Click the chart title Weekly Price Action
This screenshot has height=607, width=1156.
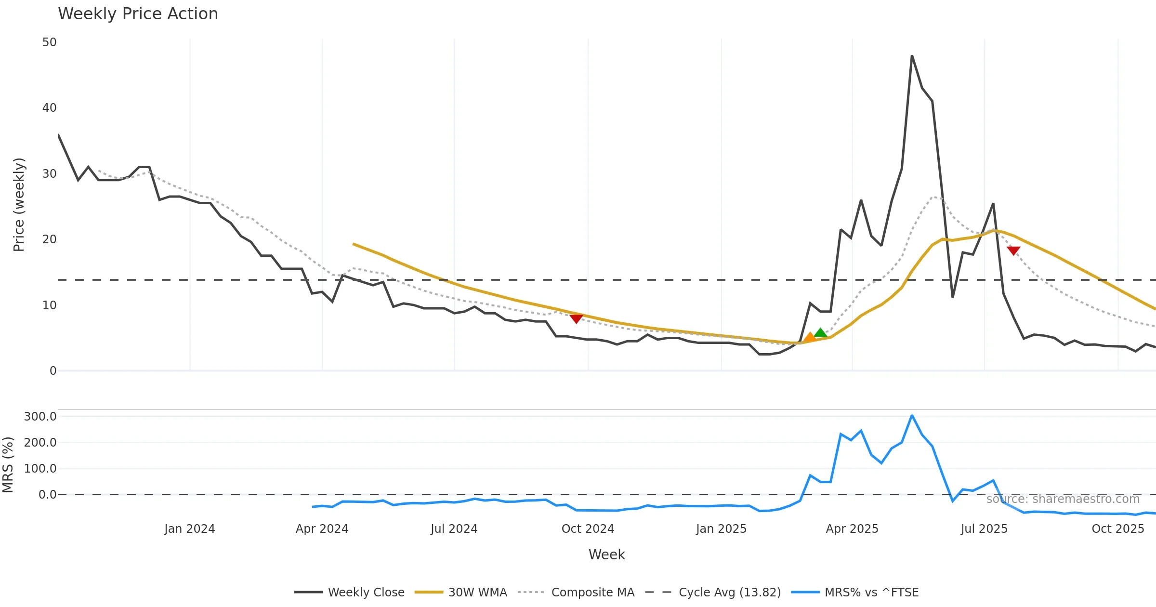138,14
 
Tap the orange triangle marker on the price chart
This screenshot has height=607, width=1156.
810,337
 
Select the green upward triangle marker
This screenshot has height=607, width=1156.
821,332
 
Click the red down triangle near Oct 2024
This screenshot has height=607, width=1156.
576,318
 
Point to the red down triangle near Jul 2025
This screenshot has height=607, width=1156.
1013,251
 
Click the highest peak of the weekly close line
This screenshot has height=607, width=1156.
912,56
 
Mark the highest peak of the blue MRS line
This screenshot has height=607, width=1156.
912,415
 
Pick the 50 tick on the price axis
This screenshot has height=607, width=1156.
49,42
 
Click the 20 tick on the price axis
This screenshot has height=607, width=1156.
49,239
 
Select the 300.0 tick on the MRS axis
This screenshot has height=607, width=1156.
40,417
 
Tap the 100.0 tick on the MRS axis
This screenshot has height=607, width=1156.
40,469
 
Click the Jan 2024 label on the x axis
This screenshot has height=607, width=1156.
189,529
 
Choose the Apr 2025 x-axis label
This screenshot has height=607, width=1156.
852,529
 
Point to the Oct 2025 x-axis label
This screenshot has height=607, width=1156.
1117,529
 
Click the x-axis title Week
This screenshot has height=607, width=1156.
606,555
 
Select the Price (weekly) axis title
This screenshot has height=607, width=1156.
19,205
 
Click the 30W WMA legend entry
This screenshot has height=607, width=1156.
461,593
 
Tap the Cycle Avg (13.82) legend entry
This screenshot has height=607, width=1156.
713,593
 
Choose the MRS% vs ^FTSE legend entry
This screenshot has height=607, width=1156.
855,593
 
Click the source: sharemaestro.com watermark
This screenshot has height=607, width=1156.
1063,499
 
